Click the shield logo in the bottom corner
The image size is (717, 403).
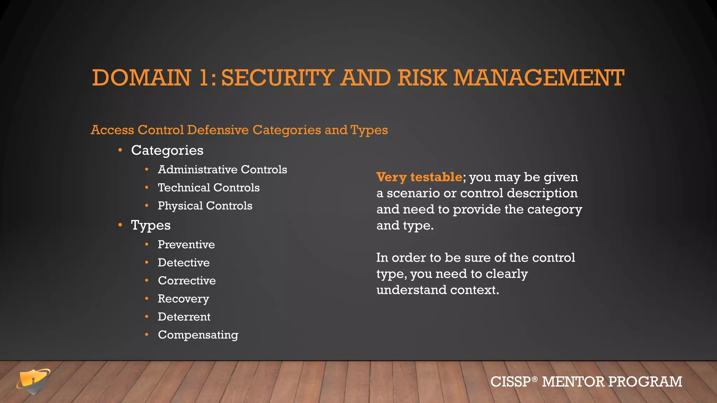pyautogui.click(x=33, y=381)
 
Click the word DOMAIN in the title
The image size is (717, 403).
pyautogui.click(x=141, y=78)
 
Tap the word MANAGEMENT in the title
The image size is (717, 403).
pyautogui.click(x=538, y=78)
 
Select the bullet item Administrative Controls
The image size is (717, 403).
pyautogui.click(x=222, y=170)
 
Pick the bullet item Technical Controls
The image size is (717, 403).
pyautogui.click(x=209, y=188)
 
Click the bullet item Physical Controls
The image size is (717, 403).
pyautogui.click(x=205, y=206)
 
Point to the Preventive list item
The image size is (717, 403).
pyautogui.click(x=186, y=245)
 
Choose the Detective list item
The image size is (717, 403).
pyautogui.click(x=183, y=263)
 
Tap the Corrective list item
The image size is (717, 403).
pyautogui.click(x=187, y=281)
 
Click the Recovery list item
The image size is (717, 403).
pyautogui.click(x=183, y=299)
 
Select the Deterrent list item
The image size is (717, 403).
pyautogui.click(x=184, y=317)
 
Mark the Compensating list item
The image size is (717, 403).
pyautogui.click(x=198, y=335)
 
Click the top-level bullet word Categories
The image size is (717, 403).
pyautogui.click(x=167, y=150)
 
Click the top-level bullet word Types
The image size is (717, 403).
pyautogui.click(x=151, y=225)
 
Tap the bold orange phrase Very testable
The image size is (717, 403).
pyautogui.click(x=419, y=177)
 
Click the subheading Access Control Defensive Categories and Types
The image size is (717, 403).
pyautogui.click(x=239, y=130)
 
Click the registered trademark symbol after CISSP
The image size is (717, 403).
pyautogui.click(x=534, y=379)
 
